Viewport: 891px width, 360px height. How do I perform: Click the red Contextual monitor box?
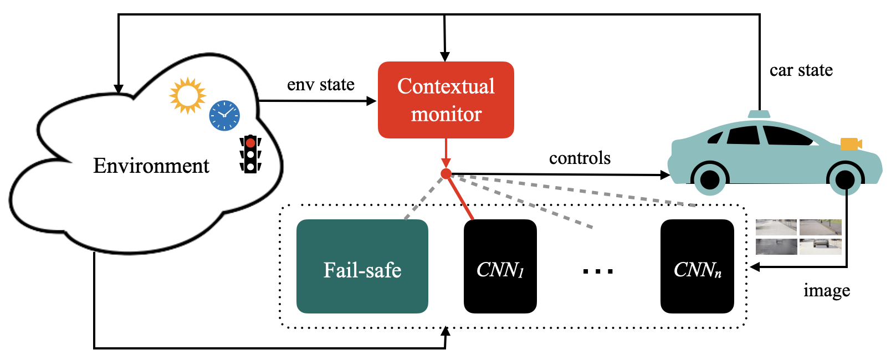click(x=445, y=100)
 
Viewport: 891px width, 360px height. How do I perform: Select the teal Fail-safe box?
click(x=362, y=266)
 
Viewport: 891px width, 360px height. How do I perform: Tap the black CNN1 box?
click(x=500, y=266)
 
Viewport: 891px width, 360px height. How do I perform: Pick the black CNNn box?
click(x=697, y=266)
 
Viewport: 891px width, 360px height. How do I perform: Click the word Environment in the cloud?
click(x=151, y=166)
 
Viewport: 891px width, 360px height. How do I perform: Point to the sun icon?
click(x=187, y=95)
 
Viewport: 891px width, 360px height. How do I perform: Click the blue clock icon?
click(x=224, y=116)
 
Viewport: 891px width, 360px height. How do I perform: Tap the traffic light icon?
click(x=250, y=154)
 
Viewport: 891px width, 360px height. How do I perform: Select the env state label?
click(x=320, y=85)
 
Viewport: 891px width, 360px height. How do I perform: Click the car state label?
click(x=801, y=70)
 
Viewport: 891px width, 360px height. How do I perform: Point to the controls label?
click(x=580, y=158)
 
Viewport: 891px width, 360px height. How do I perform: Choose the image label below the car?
click(x=826, y=291)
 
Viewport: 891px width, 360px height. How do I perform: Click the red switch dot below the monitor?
click(x=446, y=174)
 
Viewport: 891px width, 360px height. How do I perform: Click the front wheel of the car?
click(x=844, y=178)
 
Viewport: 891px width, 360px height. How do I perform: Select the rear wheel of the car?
click(x=710, y=178)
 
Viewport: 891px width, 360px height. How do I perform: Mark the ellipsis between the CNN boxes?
click(x=598, y=271)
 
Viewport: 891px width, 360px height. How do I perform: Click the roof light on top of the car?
click(x=759, y=114)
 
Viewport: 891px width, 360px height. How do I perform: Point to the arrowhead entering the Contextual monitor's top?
click(x=444, y=56)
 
